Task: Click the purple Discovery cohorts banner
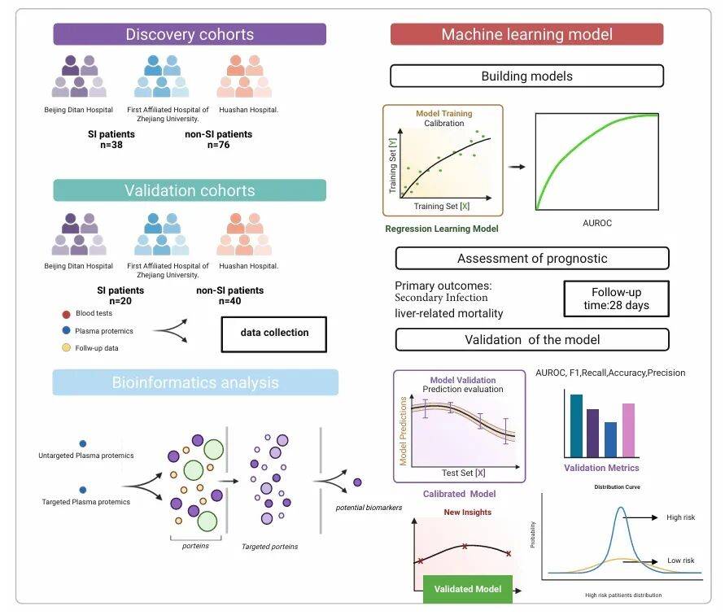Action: [190, 34]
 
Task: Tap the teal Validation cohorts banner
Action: [190, 190]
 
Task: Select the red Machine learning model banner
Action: [526, 34]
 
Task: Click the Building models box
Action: [526, 76]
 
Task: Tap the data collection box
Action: [274, 333]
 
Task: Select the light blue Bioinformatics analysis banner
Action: [195, 382]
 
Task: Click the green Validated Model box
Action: [467, 588]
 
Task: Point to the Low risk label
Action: [680, 560]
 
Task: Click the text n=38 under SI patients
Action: [111, 146]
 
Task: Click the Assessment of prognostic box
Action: [532, 259]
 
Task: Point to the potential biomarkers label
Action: [369, 508]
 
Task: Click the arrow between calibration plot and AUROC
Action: [516, 166]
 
